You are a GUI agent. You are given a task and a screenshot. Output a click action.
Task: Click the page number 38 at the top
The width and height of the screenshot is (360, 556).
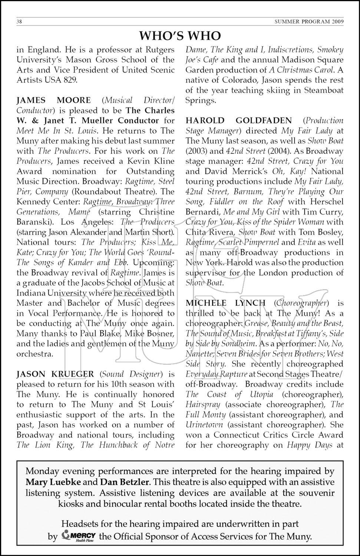coord(19,21)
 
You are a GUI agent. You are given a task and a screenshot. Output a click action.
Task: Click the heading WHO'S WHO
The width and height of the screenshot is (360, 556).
coord(180,36)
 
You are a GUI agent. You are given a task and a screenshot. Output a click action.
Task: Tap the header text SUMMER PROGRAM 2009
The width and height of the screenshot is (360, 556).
coord(309,21)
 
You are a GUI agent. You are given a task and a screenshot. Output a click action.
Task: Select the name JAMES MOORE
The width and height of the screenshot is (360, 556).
coord(53,100)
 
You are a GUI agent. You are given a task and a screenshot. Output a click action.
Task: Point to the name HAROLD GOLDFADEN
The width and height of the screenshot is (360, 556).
coord(238,120)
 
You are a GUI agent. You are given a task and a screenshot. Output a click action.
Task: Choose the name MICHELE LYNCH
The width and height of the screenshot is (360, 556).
coord(225,303)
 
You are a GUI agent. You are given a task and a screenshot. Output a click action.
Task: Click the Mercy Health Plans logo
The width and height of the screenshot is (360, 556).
coord(79,536)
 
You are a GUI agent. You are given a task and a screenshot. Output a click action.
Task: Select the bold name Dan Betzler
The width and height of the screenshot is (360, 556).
coord(124,482)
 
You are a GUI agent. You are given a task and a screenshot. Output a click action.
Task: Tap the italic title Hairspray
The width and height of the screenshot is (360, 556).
coord(203,404)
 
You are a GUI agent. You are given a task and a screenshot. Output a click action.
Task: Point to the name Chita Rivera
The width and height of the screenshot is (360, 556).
coord(210,232)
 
